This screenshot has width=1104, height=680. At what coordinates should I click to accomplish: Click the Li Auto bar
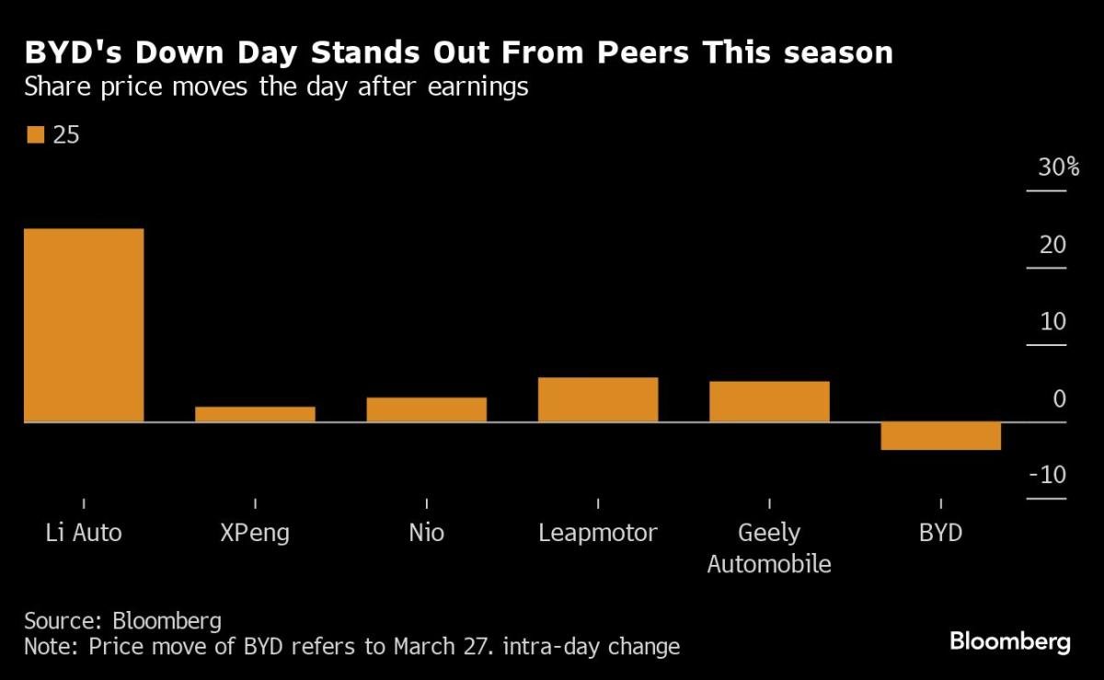[84, 325]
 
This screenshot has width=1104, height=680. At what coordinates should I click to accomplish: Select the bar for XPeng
[255, 414]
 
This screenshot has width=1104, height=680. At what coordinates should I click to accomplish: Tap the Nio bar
[426, 409]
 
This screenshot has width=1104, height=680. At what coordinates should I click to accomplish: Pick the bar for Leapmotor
[598, 399]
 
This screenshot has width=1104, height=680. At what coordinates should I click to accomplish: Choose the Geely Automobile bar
[769, 401]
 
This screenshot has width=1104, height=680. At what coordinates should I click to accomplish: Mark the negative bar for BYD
[940, 435]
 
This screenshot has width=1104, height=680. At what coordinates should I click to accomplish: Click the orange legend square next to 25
[35, 135]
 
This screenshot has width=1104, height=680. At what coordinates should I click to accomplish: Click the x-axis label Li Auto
[84, 533]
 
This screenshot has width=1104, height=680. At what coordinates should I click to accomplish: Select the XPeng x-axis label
[255, 533]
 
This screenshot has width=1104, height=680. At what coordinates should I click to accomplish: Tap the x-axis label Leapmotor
[598, 533]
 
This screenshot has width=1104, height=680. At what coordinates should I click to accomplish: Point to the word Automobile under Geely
[769, 564]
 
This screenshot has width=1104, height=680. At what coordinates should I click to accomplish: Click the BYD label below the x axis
[940, 533]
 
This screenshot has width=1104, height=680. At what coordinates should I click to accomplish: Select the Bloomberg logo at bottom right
[1009, 641]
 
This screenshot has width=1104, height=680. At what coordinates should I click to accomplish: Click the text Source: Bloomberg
[122, 618]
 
